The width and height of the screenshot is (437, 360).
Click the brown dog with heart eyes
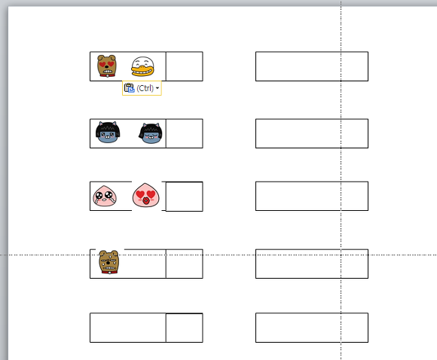[x=107, y=66]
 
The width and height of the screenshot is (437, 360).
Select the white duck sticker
[x=142, y=66]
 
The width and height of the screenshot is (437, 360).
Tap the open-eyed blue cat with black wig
[x=108, y=133]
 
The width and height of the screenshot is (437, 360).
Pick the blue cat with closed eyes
[x=151, y=133]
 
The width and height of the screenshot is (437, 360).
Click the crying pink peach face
[x=105, y=196]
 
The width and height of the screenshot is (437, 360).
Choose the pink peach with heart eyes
[x=145, y=195]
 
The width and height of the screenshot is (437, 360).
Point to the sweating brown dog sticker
[x=109, y=262]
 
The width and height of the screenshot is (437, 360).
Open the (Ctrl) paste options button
[x=142, y=88]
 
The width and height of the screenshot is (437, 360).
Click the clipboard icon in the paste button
[x=129, y=88]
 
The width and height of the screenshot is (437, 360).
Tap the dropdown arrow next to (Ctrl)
[x=157, y=88]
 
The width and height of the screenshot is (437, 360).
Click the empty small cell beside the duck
[x=185, y=66]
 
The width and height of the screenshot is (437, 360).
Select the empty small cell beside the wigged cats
[x=185, y=133]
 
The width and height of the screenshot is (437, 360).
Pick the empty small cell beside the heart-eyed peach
[x=185, y=197]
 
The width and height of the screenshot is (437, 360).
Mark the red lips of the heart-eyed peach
[x=145, y=201]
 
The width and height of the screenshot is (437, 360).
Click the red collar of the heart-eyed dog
[x=107, y=75]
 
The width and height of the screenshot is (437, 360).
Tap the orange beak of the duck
[x=142, y=71]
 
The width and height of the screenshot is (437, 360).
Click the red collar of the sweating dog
[x=109, y=272]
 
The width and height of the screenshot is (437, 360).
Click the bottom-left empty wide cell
[x=128, y=328]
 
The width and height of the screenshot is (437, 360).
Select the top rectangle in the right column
[x=312, y=66]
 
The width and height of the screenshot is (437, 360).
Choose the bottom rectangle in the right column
[x=312, y=328]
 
